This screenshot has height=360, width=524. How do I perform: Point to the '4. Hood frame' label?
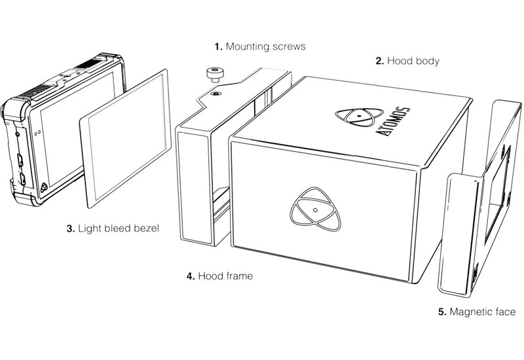click(x=219, y=276)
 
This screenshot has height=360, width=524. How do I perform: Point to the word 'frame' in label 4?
click(x=238, y=276)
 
